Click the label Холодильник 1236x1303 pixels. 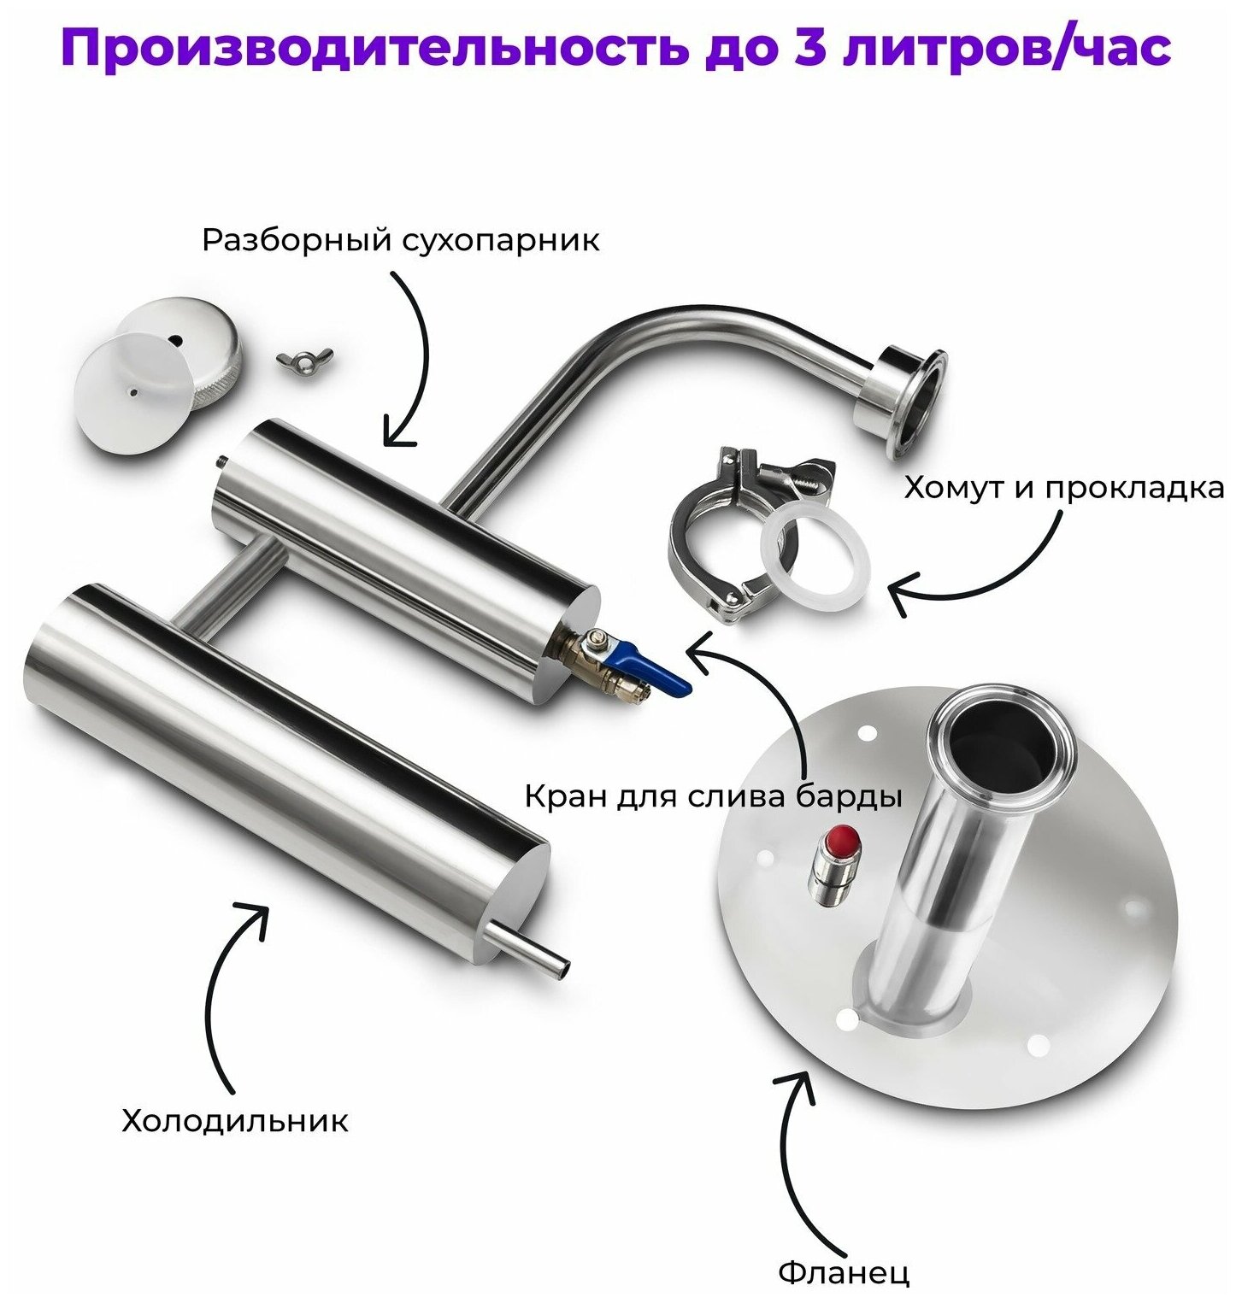tap(235, 1120)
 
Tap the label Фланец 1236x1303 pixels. tap(844, 1273)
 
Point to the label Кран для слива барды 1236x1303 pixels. tap(713, 797)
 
